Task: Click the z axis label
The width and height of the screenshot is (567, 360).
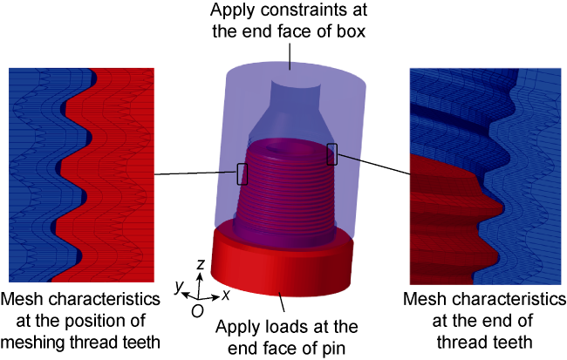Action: (x=200, y=265)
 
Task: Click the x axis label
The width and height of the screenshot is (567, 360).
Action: (x=226, y=295)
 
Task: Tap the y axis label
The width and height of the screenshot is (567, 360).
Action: (x=179, y=287)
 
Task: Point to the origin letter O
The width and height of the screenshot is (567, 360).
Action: (x=197, y=311)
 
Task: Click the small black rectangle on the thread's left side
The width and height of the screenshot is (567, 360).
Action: (x=243, y=174)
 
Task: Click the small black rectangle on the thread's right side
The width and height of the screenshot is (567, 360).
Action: (x=332, y=154)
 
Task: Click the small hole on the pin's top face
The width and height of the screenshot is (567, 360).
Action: (x=276, y=148)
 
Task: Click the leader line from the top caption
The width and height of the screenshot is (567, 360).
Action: (x=290, y=55)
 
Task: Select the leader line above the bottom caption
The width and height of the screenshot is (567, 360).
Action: (x=282, y=302)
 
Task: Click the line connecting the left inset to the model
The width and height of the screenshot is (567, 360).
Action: (x=196, y=173)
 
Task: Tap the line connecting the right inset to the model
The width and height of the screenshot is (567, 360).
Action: (x=374, y=165)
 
